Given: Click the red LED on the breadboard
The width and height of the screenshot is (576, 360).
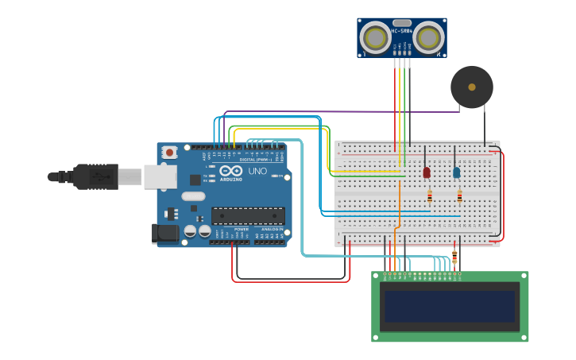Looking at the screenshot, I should tap(427, 172).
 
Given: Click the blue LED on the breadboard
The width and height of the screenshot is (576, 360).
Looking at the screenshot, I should tap(456, 172).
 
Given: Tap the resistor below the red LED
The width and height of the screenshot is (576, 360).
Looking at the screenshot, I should tap(430, 195).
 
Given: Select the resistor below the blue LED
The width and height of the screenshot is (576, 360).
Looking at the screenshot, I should tap(459, 195).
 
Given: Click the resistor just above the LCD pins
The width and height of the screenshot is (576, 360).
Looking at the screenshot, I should tap(454, 256).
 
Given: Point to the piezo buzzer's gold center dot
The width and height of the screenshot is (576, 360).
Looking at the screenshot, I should tap(472, 87).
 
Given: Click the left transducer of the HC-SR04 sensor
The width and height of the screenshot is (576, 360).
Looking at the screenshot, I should tap(375, 37).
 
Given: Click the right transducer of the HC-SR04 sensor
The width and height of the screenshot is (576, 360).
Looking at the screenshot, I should tap(428, 37).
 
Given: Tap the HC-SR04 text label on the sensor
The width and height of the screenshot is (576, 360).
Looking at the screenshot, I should tap(401, 32).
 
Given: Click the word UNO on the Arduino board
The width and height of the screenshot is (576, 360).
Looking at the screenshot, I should tap(257, 171).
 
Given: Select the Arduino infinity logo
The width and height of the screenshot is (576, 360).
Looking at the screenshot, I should tap(231, 171).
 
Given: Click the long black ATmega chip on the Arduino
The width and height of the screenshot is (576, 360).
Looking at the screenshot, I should tap(248, 215).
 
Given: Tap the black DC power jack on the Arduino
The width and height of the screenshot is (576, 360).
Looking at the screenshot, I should tap(164, 233).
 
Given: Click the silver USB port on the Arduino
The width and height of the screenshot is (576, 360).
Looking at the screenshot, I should tap(160, 176).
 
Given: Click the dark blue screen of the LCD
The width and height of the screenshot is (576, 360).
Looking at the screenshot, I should tap(450, 306).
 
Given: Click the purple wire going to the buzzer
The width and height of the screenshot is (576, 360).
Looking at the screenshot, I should tap(342, 112).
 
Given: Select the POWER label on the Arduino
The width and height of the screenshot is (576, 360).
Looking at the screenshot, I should tap(242, 229).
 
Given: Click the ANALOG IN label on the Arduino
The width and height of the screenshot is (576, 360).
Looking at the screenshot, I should tap(273, 229).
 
